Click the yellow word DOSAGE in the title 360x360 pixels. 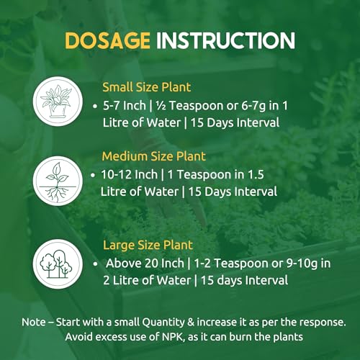pos(107,41)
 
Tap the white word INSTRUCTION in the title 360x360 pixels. pos(225,41)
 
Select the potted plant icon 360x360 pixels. pos(58,102)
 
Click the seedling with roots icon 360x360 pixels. pos(58,181)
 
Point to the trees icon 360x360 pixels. pos(58,264)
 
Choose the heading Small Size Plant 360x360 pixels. pos(147,87)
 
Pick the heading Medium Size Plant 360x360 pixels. pos(154,156)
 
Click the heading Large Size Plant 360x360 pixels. pos(148,246)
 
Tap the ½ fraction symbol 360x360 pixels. pos(161,106)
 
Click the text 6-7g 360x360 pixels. pos(253,107)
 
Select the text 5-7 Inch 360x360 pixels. pos(125,106)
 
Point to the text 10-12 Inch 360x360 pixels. pos(129,174)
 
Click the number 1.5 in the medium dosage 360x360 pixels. pos(256,175)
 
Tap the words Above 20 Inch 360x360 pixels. pos(145,264)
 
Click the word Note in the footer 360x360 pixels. pos(33,322)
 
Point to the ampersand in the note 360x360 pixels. pos(191,322)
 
